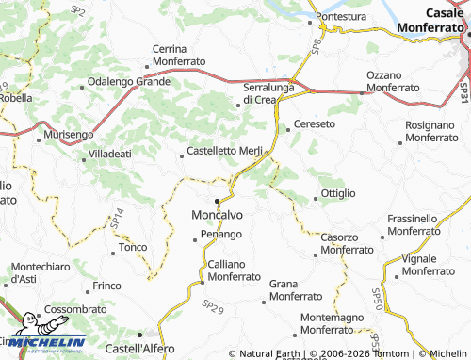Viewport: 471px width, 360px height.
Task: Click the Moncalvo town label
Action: click(x=218, y=213)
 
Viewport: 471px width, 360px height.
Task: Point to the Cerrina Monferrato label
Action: click(x=179, y=55)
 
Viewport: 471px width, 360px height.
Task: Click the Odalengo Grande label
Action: click(x=128, y=82)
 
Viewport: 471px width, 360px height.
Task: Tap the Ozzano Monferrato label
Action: click(x=393, y=81)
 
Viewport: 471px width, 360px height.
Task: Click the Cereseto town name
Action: click(x=315, y=123)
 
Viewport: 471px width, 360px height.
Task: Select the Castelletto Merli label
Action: click(x=224, y=152)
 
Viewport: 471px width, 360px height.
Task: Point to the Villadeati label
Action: click(x=110, y=153)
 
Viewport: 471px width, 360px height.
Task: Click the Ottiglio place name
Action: click(x=338, y=193)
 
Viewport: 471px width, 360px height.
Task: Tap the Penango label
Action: click(x=221, y=234)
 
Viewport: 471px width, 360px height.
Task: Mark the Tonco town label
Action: click(x=129, y=249)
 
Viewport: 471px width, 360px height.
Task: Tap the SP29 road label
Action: click(x=214, y=306)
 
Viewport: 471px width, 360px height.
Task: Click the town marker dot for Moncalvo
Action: click(x=217, y=201)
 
